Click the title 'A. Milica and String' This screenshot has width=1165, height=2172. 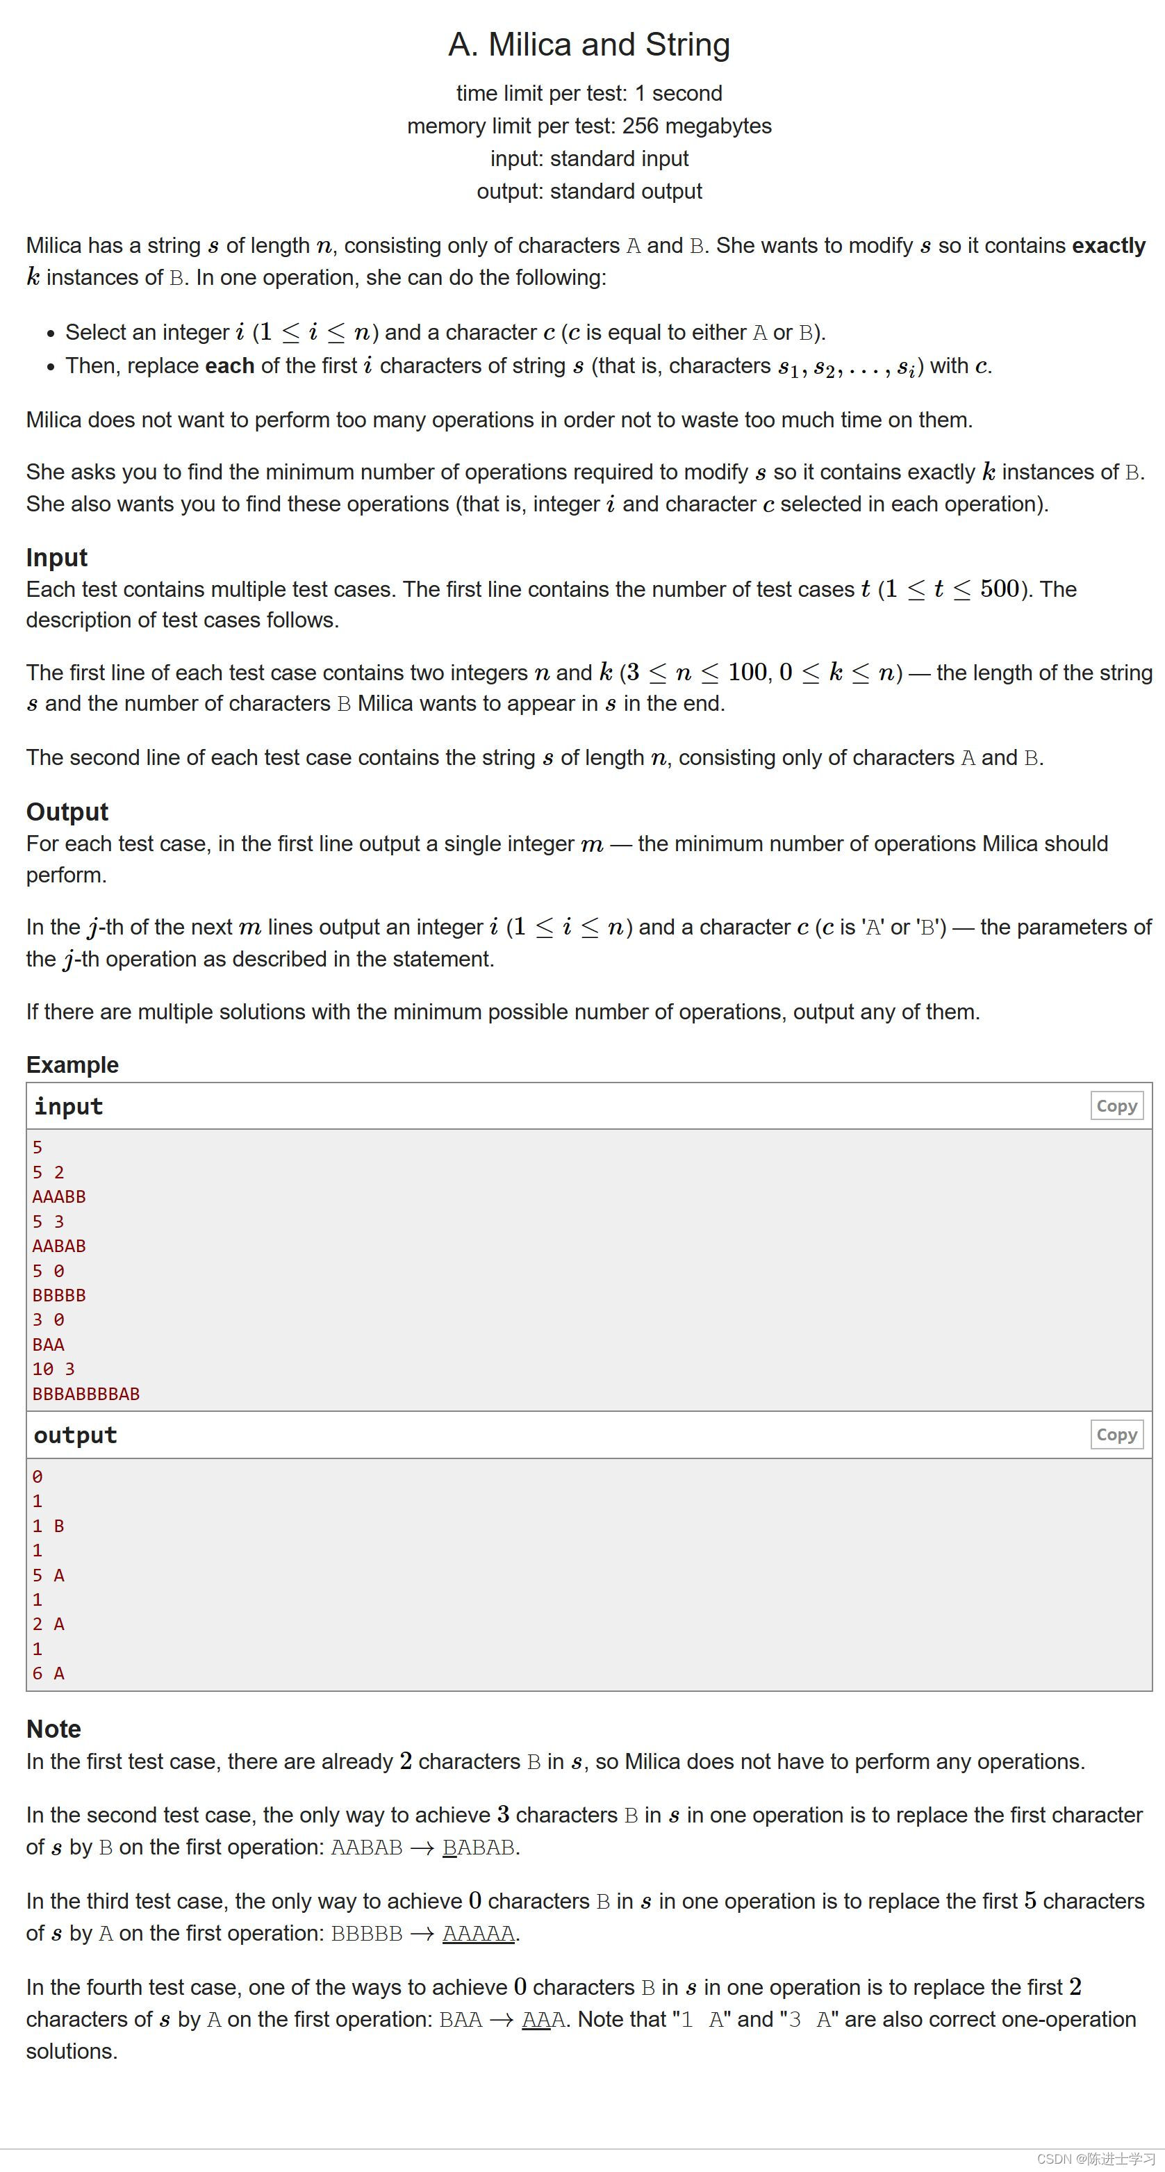point(588,44)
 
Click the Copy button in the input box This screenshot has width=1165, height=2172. point(1116,1105)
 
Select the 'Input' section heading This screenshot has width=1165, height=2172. point(56,557)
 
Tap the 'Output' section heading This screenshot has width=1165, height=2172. point(67,811)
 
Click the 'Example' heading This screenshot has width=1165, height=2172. point(72,1064)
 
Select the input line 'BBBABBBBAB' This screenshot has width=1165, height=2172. point(86,1394)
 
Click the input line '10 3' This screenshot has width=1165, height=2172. point(53,1369)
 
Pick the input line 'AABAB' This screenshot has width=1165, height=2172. point(59,1245)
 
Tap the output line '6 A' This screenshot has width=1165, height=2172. point(48,1673)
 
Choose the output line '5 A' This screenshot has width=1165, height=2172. point(48,1575)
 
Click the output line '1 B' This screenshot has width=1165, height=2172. point(48,1525)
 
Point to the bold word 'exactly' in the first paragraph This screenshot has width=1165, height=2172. point(1107,245)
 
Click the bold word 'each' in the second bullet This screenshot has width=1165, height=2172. point(229,366)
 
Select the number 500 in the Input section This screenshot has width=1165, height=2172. point(1000,589)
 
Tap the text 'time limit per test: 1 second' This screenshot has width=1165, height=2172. point(588,92)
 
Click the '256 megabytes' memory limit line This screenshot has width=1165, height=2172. point(588,126)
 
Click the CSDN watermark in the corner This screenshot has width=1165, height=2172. point(1095,2159)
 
